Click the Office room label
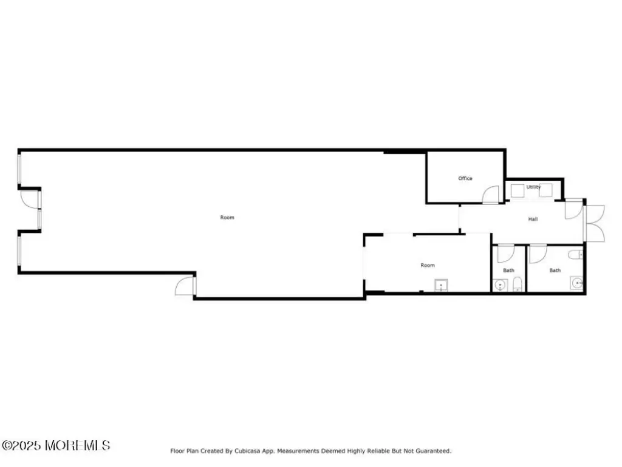coord(465,178)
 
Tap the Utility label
coord(533,187)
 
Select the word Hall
coord(533,219)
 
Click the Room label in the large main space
coord(227,217)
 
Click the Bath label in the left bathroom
coord(508,270)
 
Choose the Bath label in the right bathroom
coord(555,270)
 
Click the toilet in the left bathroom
coord(518,284)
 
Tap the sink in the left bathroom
coord(501,284)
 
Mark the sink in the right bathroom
coord(576,283)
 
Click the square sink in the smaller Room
coord(442,285)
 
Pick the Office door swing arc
coord(490,194)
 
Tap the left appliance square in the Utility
coord(518,190)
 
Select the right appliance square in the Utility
coord(545,190)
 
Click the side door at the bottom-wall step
coord(185,286)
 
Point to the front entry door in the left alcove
coord(30,199)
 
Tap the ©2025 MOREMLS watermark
coord(56,446)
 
